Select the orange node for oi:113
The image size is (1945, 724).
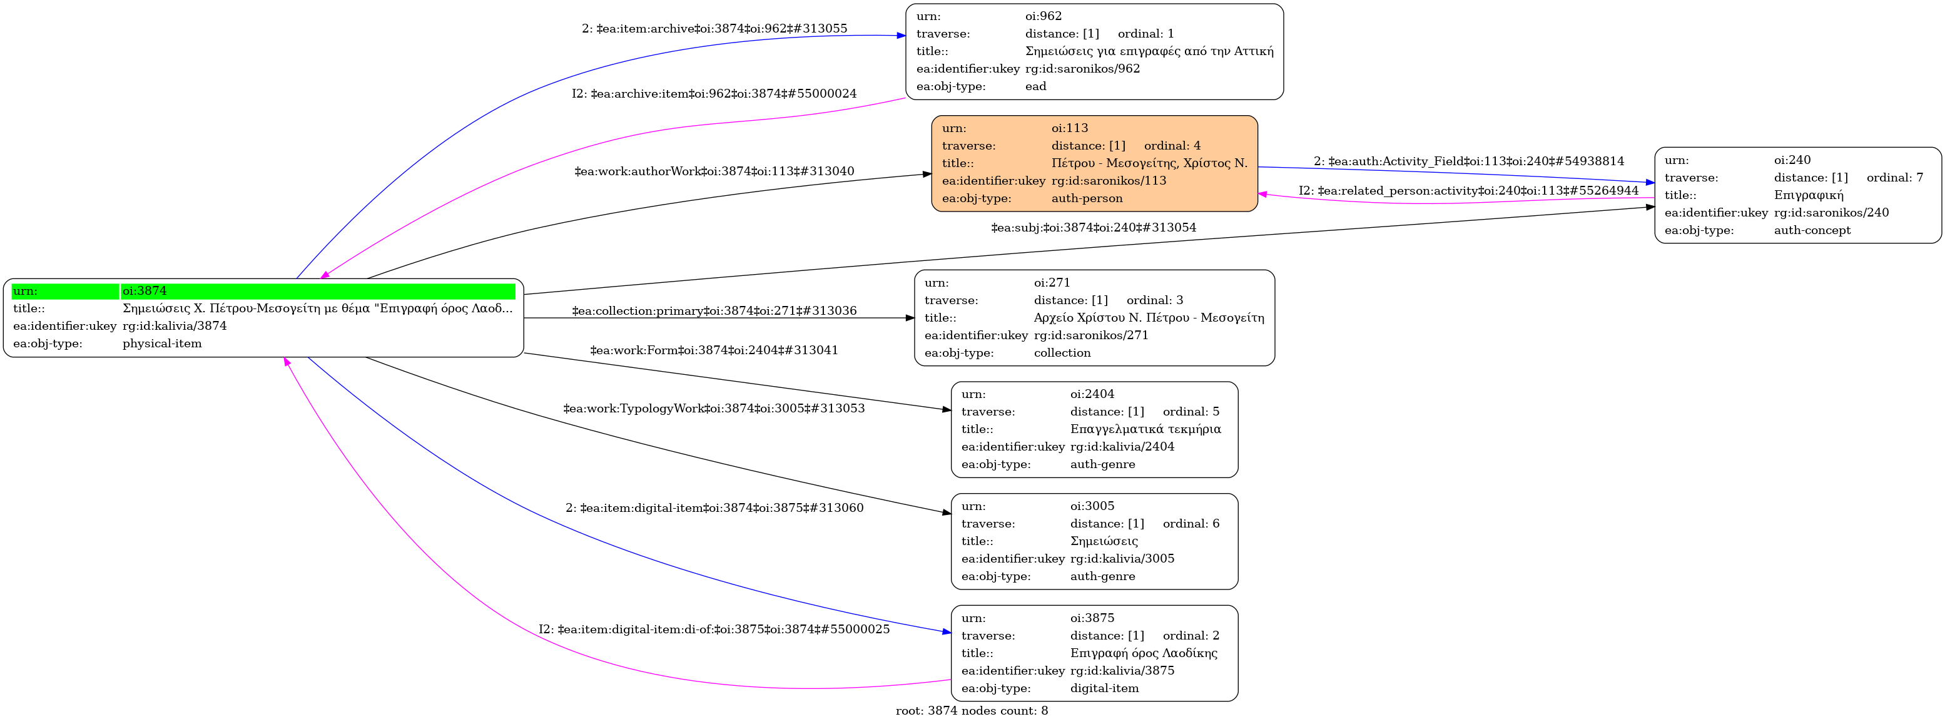pos(1094,163)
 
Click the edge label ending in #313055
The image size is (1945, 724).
pos(714,29)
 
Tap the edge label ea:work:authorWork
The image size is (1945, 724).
pos(714,171)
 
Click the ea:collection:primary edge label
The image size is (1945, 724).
pos(714,310)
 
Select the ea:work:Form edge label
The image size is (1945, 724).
pos(714,350)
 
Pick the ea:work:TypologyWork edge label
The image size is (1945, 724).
pos(714,409)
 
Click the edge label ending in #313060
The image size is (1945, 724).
pos(714,508)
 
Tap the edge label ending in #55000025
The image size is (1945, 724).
pos(714,629)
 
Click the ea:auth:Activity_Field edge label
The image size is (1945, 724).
pos(1468,161)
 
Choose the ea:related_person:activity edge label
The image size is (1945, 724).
pos(1468,190)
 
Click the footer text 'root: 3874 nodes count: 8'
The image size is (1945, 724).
pos(971,710)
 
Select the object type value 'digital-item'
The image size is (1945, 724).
pos(1104,688)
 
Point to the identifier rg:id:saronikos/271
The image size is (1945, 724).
pos(1090,335)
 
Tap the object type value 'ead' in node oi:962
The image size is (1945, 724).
pos(1035,86)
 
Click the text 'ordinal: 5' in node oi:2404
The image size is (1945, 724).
pos(1191,412)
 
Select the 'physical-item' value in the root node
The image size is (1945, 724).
pos(161,344)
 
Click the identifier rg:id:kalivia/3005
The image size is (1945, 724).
pos(1122,559)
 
